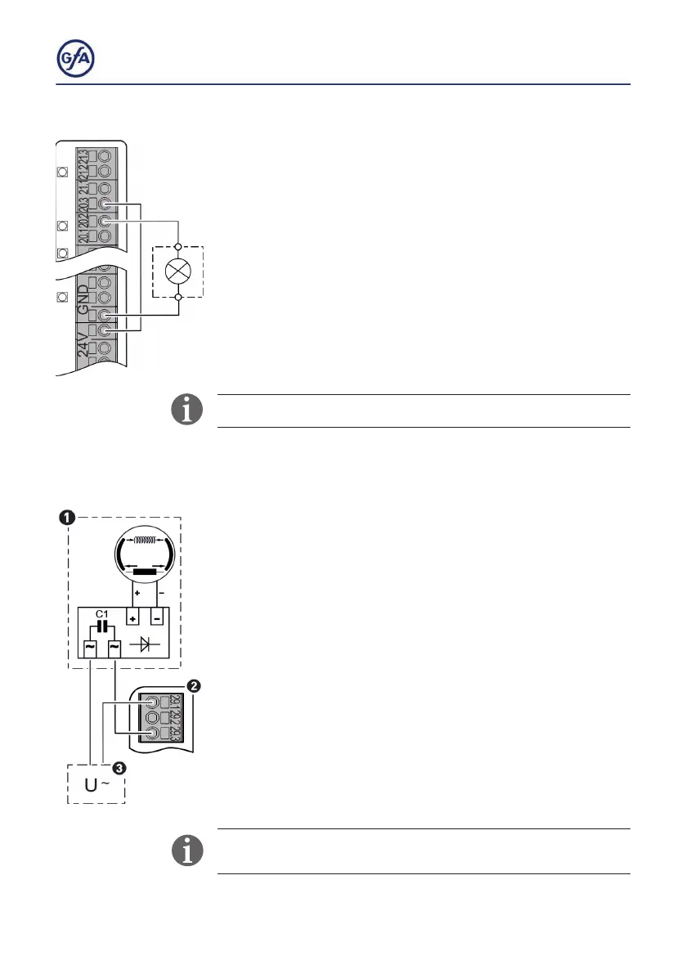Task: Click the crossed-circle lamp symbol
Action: point(178,272)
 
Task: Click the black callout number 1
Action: point(68,518)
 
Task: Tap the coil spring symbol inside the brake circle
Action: point(145,540)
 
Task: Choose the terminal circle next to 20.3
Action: point(104,204)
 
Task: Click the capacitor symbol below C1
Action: point(101,626)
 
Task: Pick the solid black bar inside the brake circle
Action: point(145,570)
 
